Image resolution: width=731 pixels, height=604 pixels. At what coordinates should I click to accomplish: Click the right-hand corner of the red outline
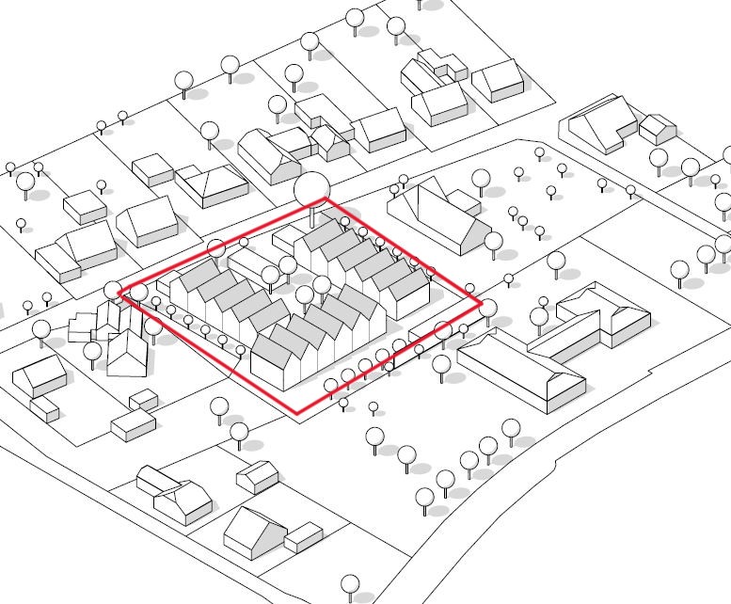pos(481,304)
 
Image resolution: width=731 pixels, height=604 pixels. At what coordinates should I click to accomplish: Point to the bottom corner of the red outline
pos(299,414)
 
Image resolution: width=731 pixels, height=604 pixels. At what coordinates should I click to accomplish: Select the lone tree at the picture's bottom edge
pos(351,585)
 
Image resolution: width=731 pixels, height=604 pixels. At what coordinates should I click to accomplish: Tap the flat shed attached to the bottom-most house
pos(303,538)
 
